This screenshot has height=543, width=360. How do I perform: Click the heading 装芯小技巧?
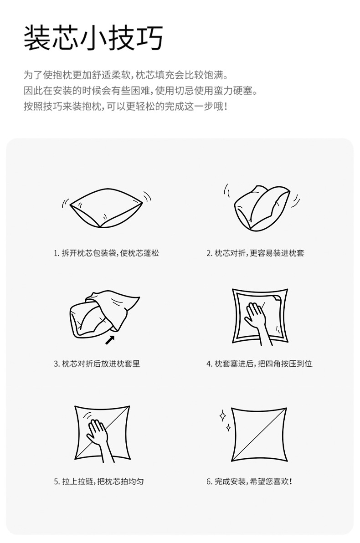click(x=93, y=38)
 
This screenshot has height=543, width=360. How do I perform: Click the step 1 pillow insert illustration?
click(x=106, y=208)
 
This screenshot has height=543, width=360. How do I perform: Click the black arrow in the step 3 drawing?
click(x=110, y=339)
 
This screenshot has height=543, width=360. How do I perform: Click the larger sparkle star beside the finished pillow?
click(x=223, y=416)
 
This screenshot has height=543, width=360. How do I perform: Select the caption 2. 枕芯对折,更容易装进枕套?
click(x=255, y=253)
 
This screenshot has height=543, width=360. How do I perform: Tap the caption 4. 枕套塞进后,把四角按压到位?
click(x=259, y=364)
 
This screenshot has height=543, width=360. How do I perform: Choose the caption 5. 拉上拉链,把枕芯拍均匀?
click(x=99, y=481)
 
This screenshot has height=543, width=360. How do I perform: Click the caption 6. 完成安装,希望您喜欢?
click(x=249, y=481)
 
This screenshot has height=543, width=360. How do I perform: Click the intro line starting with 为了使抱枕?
click(x=125, y=74)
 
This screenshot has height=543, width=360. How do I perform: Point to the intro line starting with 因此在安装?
click(x=140, y=90)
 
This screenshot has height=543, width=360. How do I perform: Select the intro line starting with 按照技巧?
click(x=125, y=107)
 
